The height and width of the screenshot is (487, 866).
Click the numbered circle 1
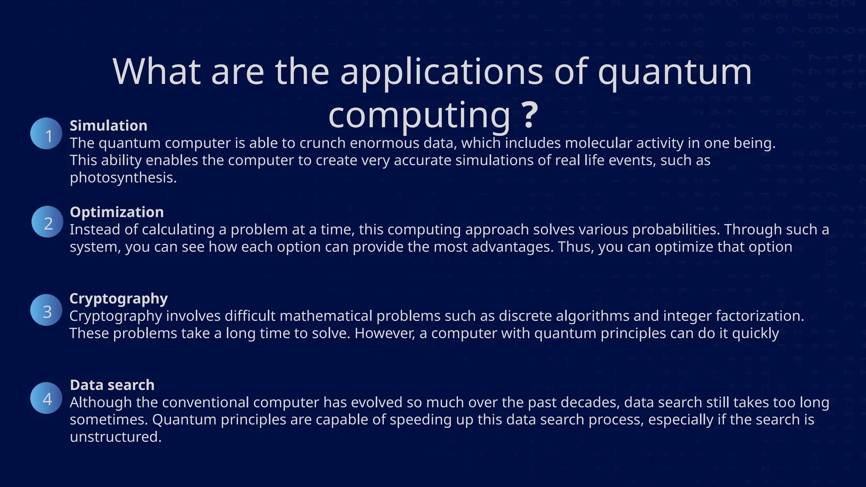point(47,134)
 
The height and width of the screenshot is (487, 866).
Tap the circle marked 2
point(47,222)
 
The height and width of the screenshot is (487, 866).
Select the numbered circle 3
point(47,310)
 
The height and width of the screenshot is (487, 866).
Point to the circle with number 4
point(47,398)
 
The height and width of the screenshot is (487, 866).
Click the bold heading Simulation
point(108,126)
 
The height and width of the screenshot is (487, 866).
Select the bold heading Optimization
point(117,212)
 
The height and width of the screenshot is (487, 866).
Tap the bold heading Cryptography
point(118,298)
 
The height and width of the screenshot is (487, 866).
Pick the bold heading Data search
point(112,385)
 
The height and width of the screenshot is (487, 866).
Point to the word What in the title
point(156,72)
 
